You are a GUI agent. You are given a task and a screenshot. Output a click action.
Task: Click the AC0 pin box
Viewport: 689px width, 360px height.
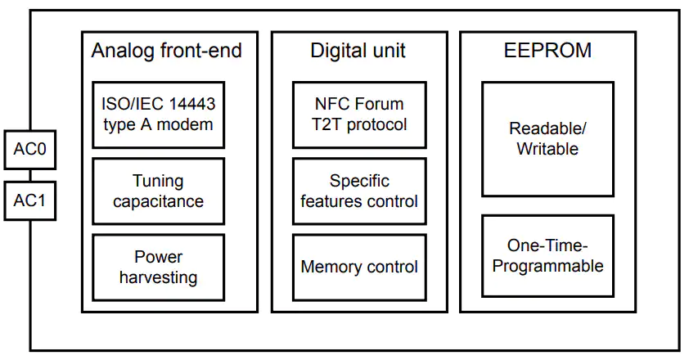point(30,150)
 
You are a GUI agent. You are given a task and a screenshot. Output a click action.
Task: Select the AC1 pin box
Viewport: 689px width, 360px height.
point(30,201)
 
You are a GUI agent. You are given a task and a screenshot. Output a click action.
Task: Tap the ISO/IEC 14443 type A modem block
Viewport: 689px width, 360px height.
point(158,115)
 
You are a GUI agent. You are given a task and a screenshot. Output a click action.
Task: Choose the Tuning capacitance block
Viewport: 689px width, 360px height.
point(158,191)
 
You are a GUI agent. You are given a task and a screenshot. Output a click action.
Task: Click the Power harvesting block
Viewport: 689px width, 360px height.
point(158,268)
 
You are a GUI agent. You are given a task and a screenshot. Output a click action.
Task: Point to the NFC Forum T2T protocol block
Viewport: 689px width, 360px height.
point(359,115)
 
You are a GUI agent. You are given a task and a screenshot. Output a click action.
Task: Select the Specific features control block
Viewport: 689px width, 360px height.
point(359,191)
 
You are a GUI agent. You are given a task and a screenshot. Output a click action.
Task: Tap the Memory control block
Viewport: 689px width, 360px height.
point(359,268)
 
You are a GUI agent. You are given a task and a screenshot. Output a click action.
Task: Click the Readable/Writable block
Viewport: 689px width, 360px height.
point(547,139)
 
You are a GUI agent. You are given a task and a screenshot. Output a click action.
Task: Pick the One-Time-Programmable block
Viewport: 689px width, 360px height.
point(547,256)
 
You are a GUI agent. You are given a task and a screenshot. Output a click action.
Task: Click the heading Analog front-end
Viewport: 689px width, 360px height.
point(167,51)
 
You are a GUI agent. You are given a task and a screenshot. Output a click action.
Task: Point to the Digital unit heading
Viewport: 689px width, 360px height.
point(358,51)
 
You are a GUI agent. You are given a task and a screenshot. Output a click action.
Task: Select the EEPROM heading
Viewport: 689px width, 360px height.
point(547,50)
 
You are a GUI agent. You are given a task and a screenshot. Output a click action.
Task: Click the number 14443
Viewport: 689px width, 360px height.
point(192,104)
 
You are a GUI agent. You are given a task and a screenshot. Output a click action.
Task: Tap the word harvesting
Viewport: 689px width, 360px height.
point(158,278)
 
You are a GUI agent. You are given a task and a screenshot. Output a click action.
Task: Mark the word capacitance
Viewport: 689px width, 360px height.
point(158,201)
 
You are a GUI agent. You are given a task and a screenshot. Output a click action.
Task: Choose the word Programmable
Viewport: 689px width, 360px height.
point(547,267)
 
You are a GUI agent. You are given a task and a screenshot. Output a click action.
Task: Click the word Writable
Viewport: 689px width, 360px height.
point(547,149)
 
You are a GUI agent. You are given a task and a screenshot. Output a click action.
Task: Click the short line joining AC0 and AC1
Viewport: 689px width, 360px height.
point(30,175)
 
